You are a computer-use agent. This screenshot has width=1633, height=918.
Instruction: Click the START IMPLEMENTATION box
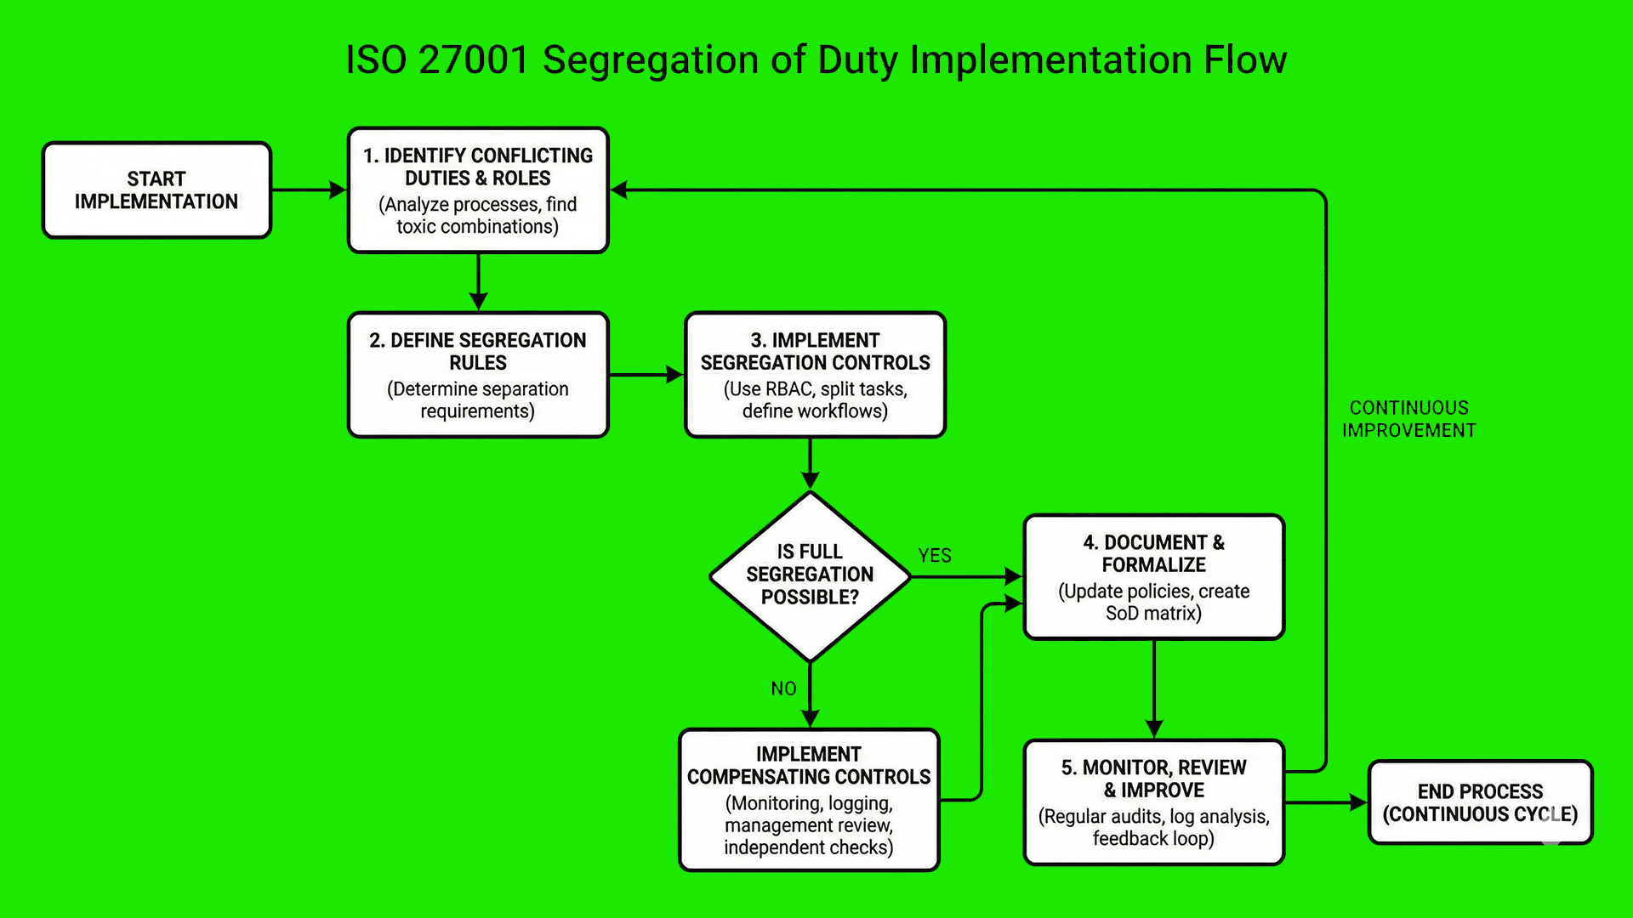[156, 190]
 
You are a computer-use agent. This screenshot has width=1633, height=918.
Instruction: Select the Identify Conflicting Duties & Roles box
[478, 190]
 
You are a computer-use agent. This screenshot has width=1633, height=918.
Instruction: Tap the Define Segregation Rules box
[478, 375]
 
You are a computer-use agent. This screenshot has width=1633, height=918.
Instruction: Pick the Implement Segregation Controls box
[815, 375]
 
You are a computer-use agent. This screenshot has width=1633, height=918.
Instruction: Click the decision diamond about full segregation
[810, 575]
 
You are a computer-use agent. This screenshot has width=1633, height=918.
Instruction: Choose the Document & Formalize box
[1153, 577]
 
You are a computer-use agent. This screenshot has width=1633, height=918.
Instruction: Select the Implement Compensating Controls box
[809, 800]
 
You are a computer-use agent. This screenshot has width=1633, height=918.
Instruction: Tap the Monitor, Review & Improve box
[1153, 802]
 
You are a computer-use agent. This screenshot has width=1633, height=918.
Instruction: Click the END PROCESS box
[1480, 802]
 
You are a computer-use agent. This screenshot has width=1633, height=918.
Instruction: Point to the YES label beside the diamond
[934, 556]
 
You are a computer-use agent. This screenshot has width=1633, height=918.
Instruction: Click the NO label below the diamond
[783, 688]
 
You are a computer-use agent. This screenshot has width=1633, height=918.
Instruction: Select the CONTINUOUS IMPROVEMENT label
[1408, 419]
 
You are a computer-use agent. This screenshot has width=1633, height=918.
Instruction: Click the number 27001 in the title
[475, 60]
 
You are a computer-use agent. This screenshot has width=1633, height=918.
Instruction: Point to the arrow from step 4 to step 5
[1153, 688]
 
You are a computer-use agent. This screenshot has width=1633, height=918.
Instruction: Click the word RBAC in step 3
[790, 389]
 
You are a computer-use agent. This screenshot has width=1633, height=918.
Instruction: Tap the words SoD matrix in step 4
[1153, 614]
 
